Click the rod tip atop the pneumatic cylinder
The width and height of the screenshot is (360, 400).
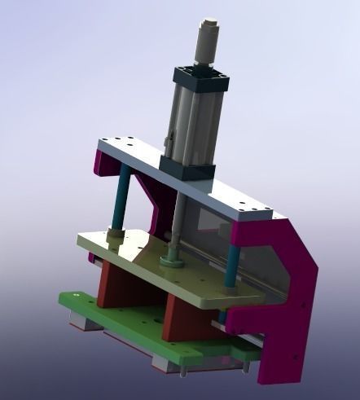[207, 30]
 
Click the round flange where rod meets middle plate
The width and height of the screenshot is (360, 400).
[172, 262]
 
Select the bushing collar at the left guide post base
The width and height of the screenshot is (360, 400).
[115, 235]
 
